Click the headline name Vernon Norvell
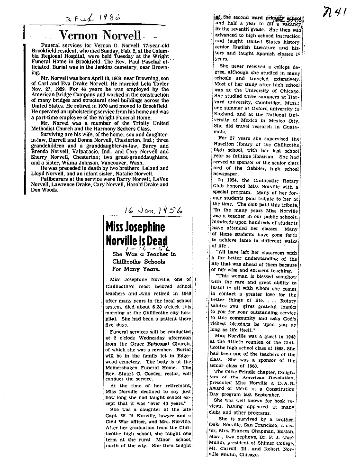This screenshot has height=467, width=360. tap(99, 35)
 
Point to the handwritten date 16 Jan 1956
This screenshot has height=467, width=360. tap(146, 209)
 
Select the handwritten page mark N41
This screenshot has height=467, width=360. tap(335, 13)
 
